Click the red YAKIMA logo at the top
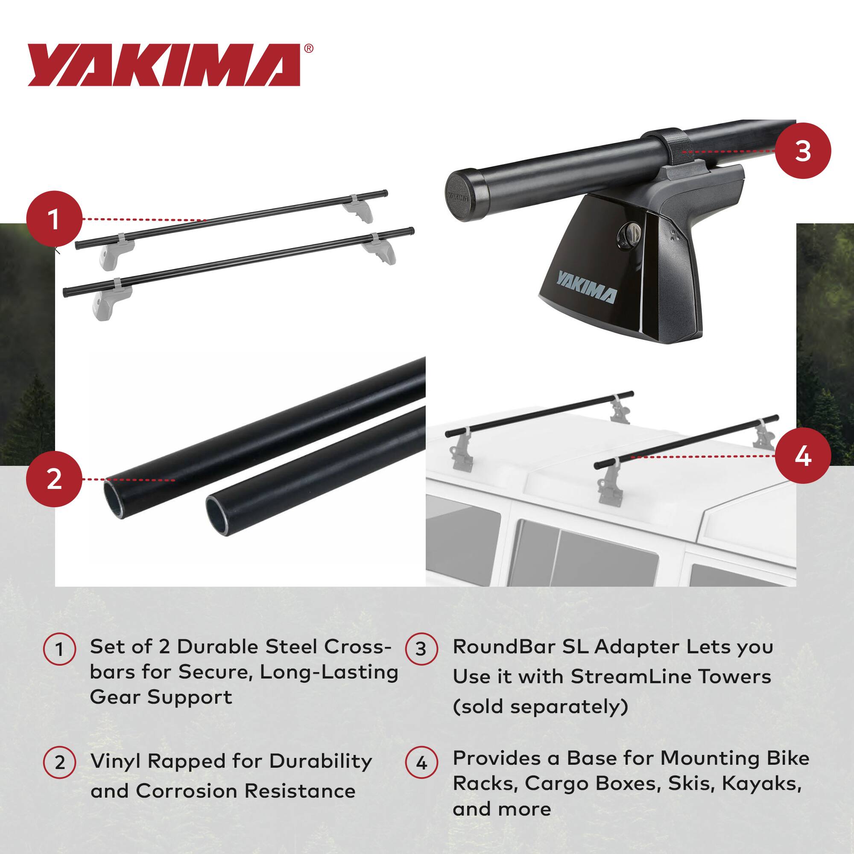click(x=164, y=65)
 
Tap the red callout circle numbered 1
click(x=54, y=219)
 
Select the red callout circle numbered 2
click(x=54, y=479)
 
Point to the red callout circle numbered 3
click(x=803, y=151)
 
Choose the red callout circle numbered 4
click(x=803, y=456)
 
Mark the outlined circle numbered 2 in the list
click(x=60, y=763)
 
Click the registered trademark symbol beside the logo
click(x=309, y=49)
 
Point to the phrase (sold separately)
click(x=540, y=706)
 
